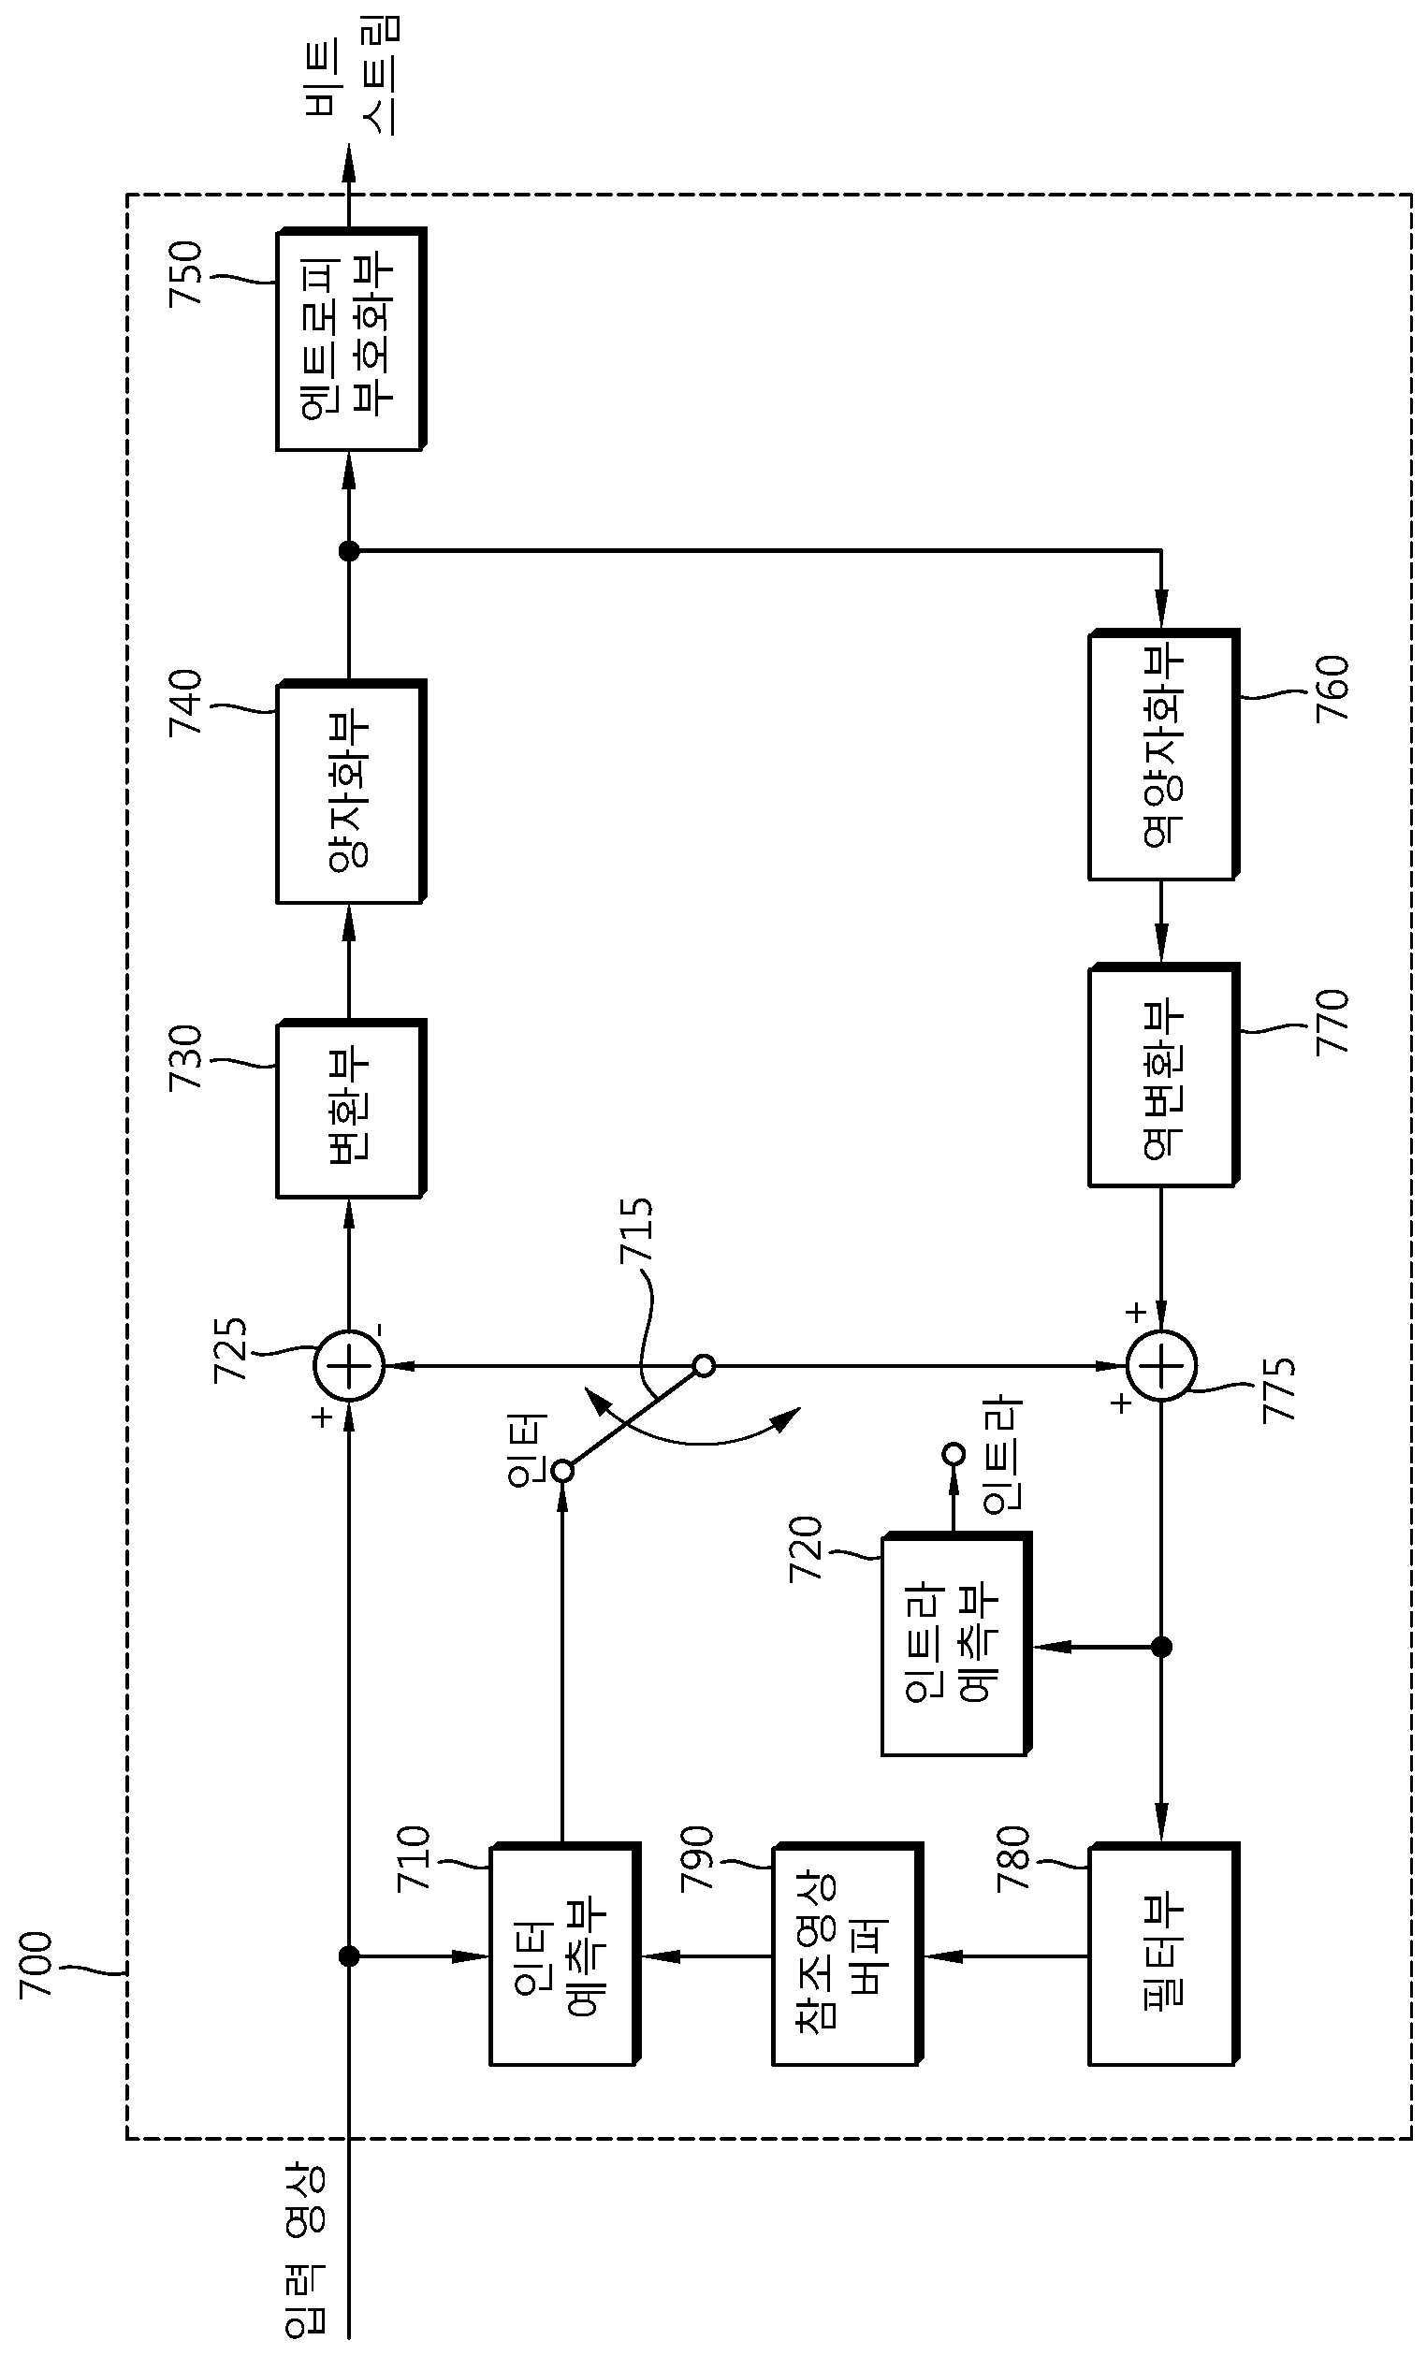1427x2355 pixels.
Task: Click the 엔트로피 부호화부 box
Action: click(351, 340)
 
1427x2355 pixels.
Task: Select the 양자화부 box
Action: click(351, 792)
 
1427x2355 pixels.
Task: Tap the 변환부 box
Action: click(351, 1109)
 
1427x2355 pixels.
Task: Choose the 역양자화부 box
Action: click(1164, 754)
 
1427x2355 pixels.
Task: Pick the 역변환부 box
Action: click(1164, 1075)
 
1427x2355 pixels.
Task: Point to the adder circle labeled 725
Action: click(349, 1366)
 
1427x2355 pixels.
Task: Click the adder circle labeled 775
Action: click(1161, 1366)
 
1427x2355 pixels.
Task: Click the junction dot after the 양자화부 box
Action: click(349, 550)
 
